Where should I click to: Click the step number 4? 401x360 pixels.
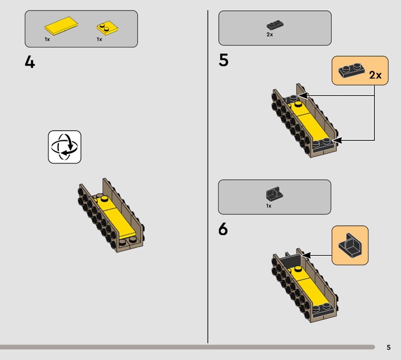[30, 62]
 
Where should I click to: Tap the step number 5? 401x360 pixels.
[224, 60]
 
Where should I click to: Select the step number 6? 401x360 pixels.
[223, 229]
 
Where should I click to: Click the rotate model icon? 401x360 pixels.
[65, 147]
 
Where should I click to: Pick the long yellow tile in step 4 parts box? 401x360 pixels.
[61, 26]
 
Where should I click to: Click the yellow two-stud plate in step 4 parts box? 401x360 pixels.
[107, 28]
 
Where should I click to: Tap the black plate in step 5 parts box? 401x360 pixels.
[275, 25]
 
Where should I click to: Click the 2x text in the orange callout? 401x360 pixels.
[375, 75]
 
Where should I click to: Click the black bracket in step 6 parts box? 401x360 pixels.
[274, 194]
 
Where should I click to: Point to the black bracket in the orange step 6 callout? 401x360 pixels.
[350, 245]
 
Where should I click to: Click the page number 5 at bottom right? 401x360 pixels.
[388, 347]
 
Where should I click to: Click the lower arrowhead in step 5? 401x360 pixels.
[337, 140]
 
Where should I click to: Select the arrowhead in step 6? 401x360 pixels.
[306, 255]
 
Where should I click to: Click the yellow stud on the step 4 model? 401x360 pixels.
[104, 199]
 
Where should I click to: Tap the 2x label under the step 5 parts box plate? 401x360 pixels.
[270, 34]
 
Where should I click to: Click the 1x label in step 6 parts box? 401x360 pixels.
[269, 206]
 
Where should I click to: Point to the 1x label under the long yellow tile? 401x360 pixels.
[47, 39]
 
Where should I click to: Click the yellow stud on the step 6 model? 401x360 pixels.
[298, 269]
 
